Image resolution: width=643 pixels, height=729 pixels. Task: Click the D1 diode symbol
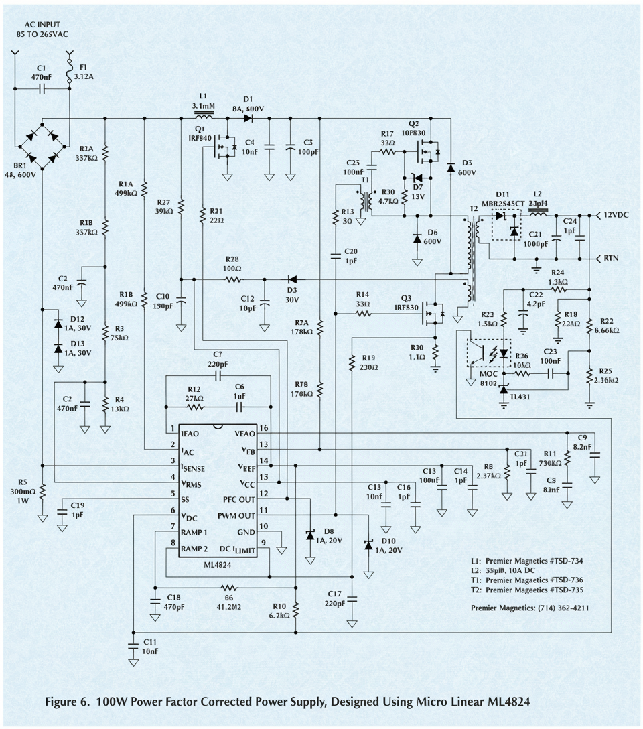tap(248, 119)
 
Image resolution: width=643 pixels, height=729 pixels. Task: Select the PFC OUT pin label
tap(238, 499)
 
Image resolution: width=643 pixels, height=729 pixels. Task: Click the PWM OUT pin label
tap(236, 515)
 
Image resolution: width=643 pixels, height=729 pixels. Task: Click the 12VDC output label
tap(618, 216)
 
